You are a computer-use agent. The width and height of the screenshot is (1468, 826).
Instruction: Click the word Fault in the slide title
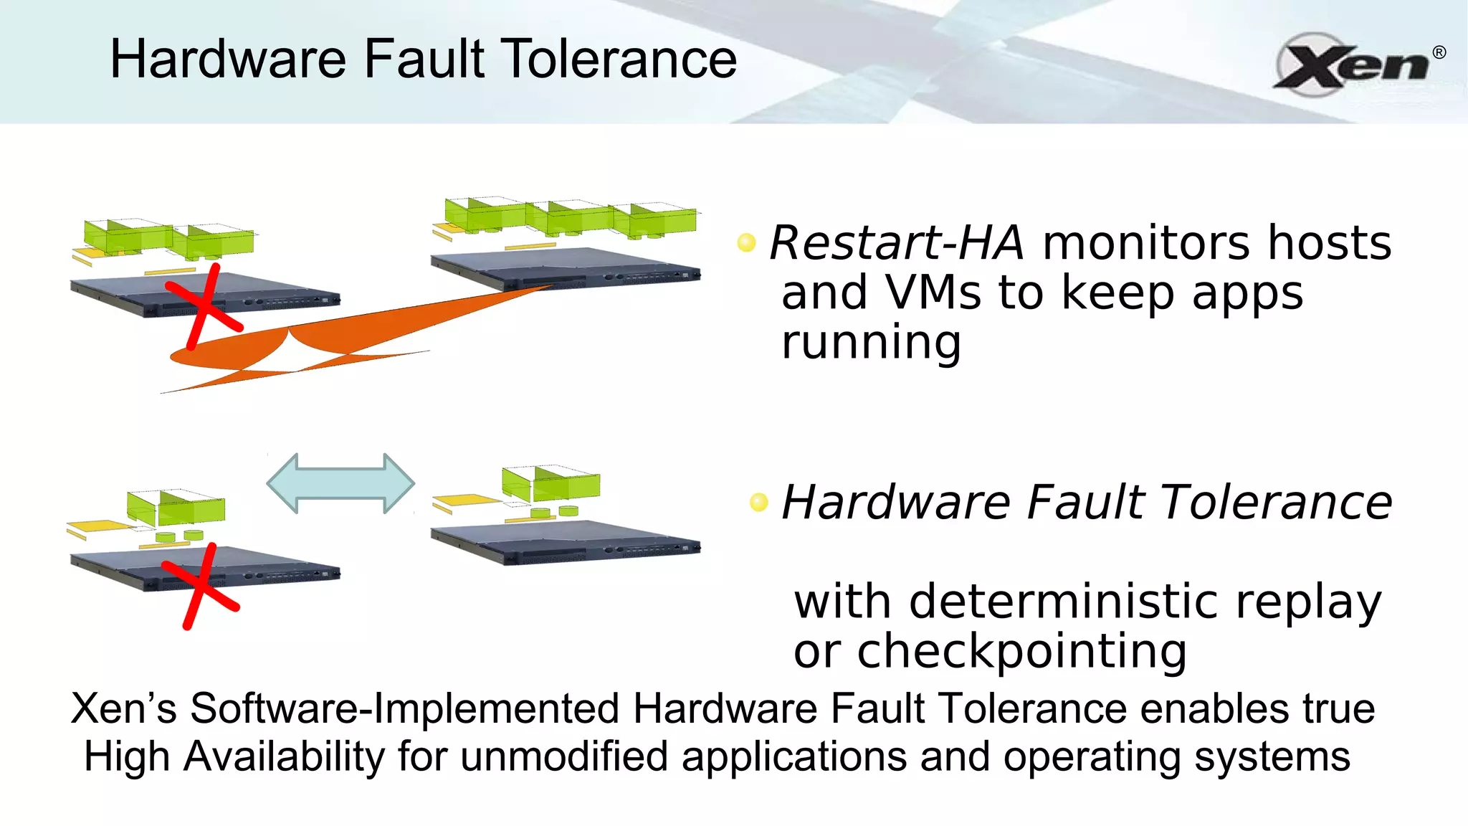tap(424, 59)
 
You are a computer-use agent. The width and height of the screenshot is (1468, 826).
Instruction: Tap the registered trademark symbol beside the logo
tap(1439, 52)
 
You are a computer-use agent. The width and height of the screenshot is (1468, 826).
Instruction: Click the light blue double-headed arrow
tap(340, 483)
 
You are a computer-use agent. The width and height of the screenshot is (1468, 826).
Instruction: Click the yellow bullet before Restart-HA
tap(746, 242)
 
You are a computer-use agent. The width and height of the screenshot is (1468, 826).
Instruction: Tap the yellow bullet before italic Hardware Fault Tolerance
tap(758, 501)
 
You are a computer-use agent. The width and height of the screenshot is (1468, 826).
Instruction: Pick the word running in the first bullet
tap(871, 343)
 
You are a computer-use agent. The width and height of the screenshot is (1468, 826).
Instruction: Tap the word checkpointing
tap(1021, 651)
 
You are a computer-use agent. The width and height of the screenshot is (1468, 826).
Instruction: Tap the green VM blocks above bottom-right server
tap(550, 483)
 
